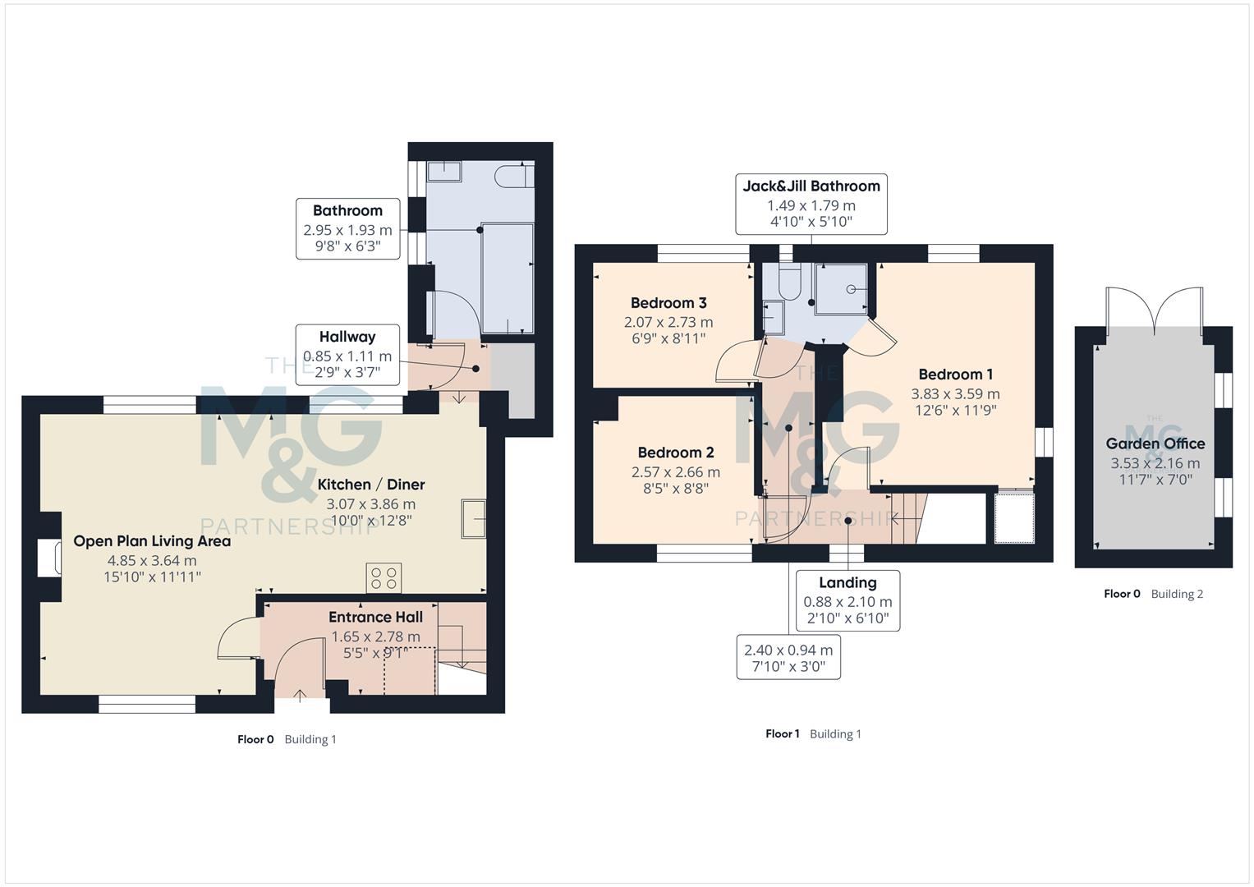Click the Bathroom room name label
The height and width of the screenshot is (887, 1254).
(347, 211)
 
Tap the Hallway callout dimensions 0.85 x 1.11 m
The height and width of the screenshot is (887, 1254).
(347, 356)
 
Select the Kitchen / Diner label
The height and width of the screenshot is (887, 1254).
(371, 485)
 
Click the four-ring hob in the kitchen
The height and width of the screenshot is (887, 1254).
(384, 577)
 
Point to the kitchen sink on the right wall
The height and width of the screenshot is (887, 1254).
(473, 518)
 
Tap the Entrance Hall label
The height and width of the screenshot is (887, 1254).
(375, 617)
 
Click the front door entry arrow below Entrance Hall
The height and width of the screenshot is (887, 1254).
(300, 696)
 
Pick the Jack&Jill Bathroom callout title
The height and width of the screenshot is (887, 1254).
(811, 186)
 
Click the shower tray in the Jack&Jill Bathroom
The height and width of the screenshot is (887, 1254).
(841, 288)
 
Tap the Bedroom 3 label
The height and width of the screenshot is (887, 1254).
(668, 303)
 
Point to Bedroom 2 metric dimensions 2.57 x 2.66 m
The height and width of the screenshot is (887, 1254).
(675, 472)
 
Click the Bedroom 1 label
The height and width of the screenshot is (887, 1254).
(955, 375)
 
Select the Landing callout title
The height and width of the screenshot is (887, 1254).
(847, 583)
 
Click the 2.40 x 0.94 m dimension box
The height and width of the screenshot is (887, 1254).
(788, 658)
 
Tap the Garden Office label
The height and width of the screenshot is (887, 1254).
(1155, 444)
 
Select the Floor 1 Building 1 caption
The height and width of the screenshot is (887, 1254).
(813, 734)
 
